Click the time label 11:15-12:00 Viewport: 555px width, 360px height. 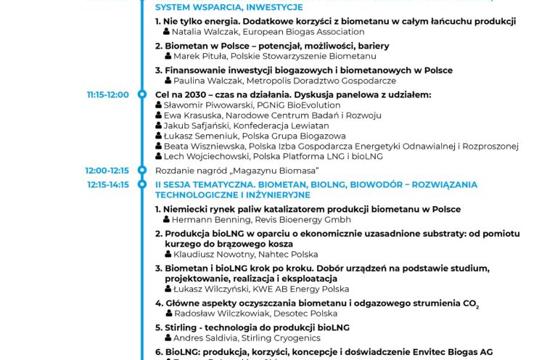tap(107, 94)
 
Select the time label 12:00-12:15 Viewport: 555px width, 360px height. tap(107, 170)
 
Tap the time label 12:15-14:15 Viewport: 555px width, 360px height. tap(107, 185)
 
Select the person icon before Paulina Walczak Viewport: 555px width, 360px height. tap(168, 81)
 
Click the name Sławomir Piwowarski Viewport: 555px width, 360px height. tap(204, 105)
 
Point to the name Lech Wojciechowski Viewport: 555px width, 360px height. tap(207, 156)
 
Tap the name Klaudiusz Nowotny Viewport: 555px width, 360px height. tap(209, 255)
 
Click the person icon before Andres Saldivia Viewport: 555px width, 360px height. tap(168, 338)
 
